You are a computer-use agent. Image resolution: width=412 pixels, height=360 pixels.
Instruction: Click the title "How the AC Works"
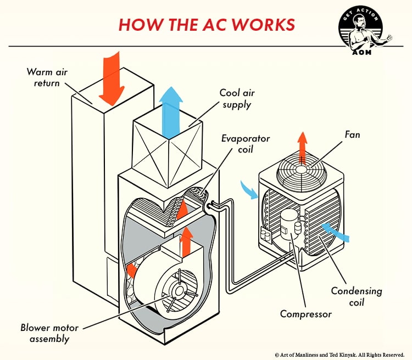click(207, 25)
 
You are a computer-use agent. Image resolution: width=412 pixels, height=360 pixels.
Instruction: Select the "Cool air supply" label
click(236, 99)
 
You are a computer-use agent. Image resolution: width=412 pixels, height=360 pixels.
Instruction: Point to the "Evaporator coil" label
click(245, 144)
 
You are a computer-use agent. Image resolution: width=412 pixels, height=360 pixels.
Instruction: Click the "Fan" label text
click(352, 134)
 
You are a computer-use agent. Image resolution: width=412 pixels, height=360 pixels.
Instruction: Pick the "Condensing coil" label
click(356, 296)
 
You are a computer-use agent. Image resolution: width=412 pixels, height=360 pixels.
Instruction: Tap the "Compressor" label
click(305, 314)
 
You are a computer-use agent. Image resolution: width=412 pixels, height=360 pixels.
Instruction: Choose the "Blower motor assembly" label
click(49, 333)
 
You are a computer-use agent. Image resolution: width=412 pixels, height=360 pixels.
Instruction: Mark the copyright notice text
click(339, 355)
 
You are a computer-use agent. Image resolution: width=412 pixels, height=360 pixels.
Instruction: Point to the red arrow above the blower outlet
click(187, 237)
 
